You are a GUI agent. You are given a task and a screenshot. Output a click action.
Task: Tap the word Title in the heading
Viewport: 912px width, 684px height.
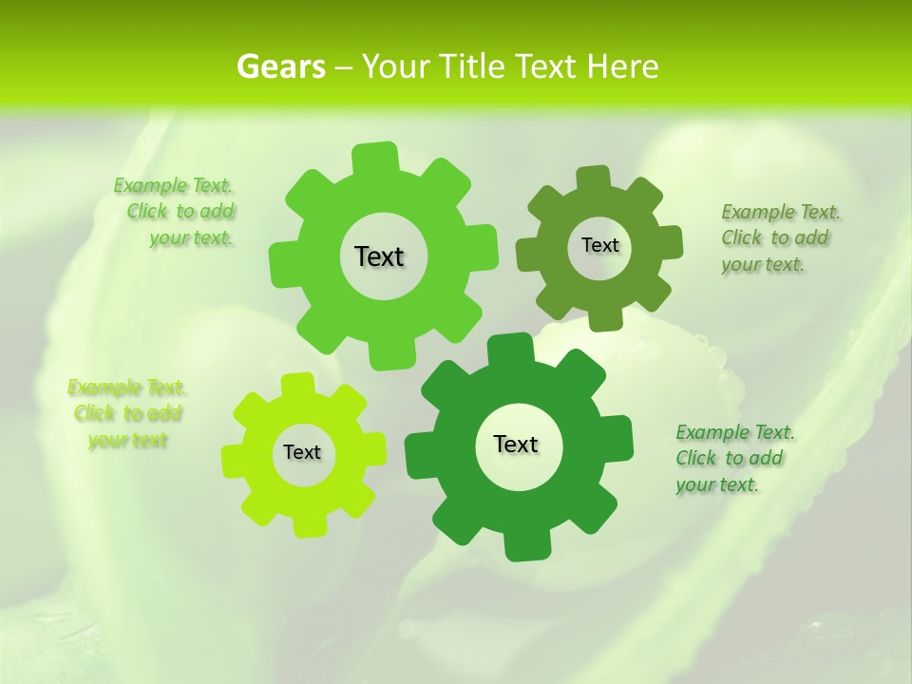[x=471, y=66]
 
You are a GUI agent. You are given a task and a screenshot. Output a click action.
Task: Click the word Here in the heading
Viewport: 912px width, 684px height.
[x=622, y=66]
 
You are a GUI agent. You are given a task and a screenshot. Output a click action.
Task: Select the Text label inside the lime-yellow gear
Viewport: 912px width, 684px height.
[x=302, y=452]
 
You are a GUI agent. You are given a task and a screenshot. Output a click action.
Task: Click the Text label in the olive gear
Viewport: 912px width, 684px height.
[x=599, y=245]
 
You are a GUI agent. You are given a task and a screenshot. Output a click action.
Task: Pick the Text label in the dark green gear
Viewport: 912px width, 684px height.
[x=516, y=444]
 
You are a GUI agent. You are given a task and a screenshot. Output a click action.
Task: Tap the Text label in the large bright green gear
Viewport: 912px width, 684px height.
[x=379, y=256]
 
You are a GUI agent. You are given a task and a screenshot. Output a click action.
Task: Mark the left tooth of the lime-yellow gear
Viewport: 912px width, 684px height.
[x=233, y=459]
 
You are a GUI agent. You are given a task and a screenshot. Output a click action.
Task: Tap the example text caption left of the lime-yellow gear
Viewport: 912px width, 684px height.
[x=127, y=413]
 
